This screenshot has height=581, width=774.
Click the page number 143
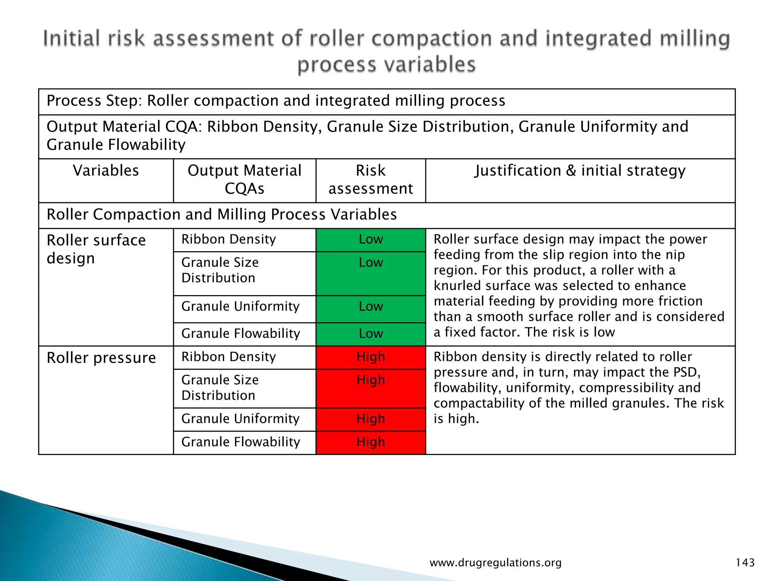pyautogui.click(x=745, y=562)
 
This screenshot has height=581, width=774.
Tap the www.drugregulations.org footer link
pyautogui.click(x=495, y=563)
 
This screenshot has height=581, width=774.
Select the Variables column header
pyautogui.click(x=106, y=171)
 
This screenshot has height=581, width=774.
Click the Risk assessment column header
pyautogui.click(x=370, y=180)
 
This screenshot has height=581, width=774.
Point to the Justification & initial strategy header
pyautogui.click(x=580, y=171)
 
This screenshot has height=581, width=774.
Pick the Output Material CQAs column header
pyautogui.click(x=245, y=180)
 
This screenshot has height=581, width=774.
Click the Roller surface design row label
pyautogui.click(x=96, y=249)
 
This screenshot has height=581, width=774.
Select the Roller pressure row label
pyautogui.click(x=101, y=358)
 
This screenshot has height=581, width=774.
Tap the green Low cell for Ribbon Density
pyautogui.click(x=371, y=239)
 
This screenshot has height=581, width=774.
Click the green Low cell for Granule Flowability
pyautogui.click(x=371, y=334)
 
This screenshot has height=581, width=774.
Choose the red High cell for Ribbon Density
pyautogui.click(x=371, y=357)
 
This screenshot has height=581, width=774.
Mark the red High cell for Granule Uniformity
pyautogui.click(x=371, y=419)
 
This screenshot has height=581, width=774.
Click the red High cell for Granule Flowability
pyautogui.click(x=371, y=442)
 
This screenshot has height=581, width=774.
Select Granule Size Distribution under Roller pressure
pyautogui.click(x=220, y=388)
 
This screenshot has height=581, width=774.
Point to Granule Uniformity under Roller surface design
pyautogui.click(x=240, y=306)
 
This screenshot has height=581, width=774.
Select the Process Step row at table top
pyautogui.click(x=276, y=101)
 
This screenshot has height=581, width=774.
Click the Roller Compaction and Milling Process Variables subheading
pyautogui.click(x=221, y=215)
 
